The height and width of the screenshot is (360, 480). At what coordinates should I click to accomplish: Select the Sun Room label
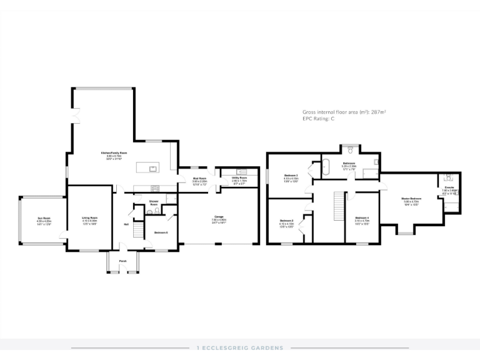42,220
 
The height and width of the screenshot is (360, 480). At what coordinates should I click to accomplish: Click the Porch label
122,261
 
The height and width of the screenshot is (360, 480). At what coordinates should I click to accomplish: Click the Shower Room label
153,202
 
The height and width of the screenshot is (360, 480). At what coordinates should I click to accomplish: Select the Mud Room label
199,179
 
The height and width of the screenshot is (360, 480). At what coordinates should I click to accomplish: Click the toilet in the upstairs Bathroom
352,150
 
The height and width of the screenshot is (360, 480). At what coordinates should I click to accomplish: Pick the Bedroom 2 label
286,221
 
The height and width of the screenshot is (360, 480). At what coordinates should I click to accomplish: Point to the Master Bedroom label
411,199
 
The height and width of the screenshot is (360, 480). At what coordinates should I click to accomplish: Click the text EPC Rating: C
319,118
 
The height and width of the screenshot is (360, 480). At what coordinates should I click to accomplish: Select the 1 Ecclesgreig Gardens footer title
240,347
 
